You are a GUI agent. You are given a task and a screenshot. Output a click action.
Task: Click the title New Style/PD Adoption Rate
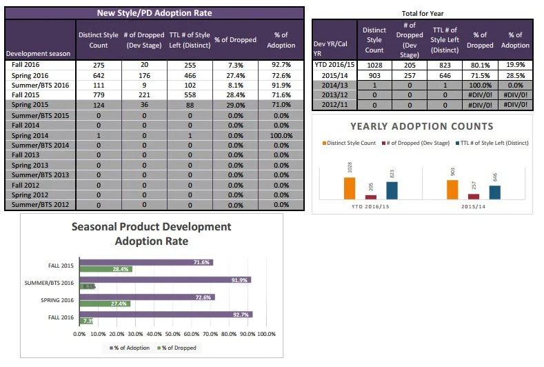tap(154, 13)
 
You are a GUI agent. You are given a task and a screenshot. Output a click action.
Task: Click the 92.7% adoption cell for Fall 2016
tap(281, 64)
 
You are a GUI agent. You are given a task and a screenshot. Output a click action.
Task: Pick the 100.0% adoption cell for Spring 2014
tap(281, 136)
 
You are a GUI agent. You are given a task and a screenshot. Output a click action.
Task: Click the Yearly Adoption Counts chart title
tap(421, 126)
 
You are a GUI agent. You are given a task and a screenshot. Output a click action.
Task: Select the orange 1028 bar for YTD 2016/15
tap(350, 188)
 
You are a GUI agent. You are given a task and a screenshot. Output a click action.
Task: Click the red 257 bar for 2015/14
tap(474, 196)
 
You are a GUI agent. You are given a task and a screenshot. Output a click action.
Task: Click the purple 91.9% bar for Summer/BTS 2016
tap(165, 279)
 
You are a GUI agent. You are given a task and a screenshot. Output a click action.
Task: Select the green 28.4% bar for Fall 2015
tap(105, 268)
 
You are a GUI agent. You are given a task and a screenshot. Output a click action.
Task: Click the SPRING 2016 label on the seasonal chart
tap(57, 300)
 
